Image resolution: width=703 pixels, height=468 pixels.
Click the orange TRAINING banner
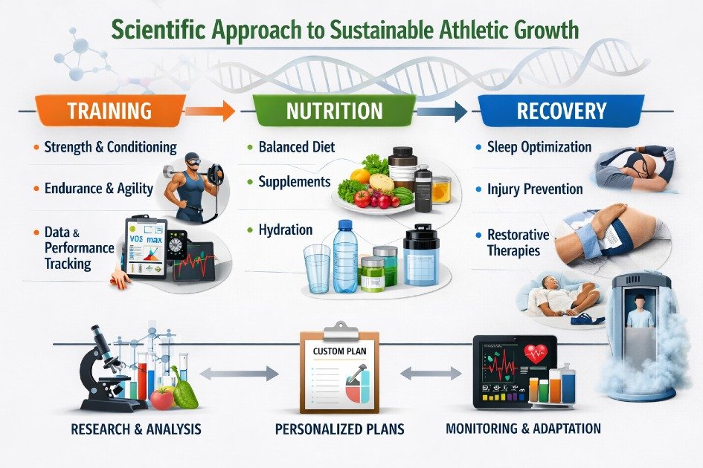point(109,111)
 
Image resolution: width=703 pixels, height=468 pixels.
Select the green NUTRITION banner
point(335,111)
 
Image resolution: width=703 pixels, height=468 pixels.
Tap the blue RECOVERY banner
point(562,111)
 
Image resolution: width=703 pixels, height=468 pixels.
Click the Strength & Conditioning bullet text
point(110,147)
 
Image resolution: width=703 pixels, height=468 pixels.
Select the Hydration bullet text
point(286,230)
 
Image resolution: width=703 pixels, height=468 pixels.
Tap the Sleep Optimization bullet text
point(539,147)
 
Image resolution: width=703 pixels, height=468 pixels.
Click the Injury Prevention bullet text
point(534,189)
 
